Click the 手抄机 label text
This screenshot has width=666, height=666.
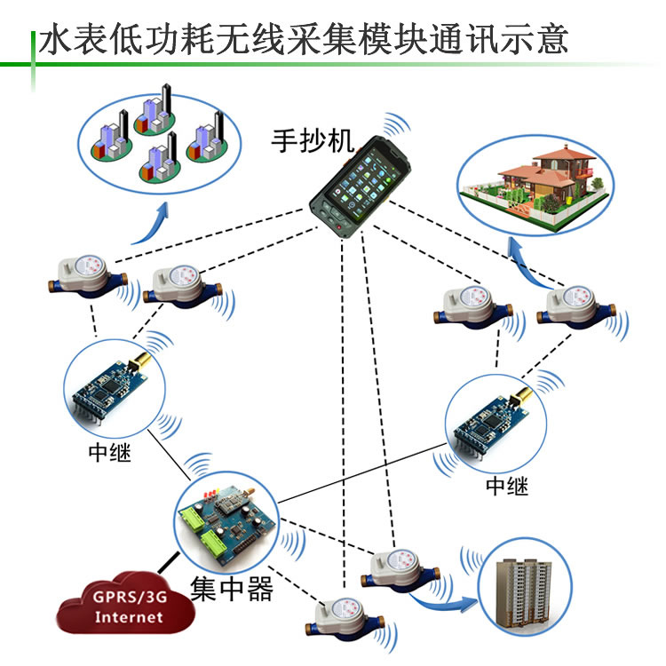[313, 140]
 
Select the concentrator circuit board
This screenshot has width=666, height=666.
[228, 525]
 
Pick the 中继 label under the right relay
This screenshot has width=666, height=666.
[507, 486]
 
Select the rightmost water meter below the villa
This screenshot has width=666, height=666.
[576, 306]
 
